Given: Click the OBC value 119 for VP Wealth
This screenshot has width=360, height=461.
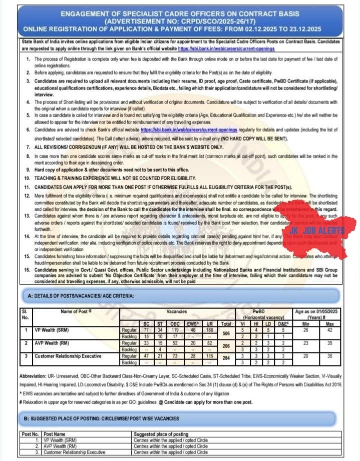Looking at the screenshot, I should (176, 330).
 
